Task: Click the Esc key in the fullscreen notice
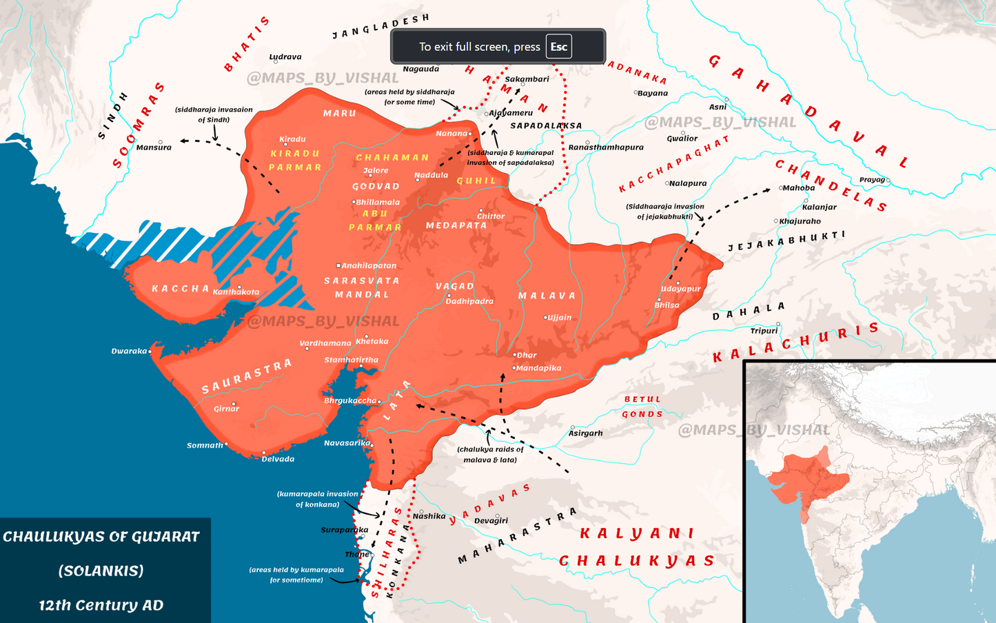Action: pyautogui.click(x=558, y=47)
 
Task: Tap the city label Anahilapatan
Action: pyautogui.click(x=369, y=265)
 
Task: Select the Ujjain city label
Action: pyautogui.click(x=559, y=318)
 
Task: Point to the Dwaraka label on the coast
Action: pyautogui.click(x=130, y=351)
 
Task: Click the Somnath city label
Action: pyautogui.click(x=205, y=445)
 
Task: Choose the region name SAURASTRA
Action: pyautogui.click(x=247, y=376)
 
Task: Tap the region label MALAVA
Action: pyautogui.click(x=547, y=296)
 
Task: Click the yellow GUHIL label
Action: pyautogui.click(x=476, y=181)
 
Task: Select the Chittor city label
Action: pyautogui.click(x=491, y=216)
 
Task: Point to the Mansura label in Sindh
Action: pyautogui.click(x=154, y=147)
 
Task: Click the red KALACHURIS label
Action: pyautogui.click(x=796, y=343)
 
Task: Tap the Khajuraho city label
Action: pyautogui.click(x=800, y=221)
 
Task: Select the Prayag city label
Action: pyautogui.click(x=872, y=180)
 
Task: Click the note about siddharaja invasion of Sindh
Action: pyautogui.click(x=214, y=114)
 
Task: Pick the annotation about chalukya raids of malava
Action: pyautogui.click(x=490, y=454)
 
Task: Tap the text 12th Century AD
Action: pyautogui.click(x=101, y=605)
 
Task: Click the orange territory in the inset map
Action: pyautogui.click(x=803, y=479)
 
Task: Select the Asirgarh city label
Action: pyautogui.click(x=586, y=433)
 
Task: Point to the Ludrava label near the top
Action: pyautogui.click(x=285, y=57)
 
